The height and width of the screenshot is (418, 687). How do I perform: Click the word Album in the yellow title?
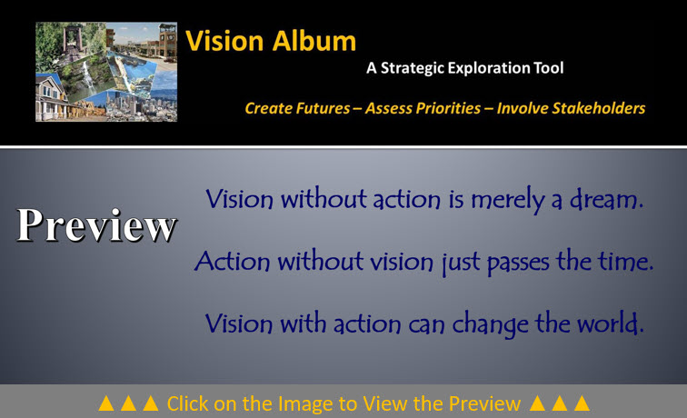coord(314,41)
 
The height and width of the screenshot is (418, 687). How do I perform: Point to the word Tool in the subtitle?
coord(548,68)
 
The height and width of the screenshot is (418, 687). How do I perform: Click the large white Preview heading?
coord(97,224)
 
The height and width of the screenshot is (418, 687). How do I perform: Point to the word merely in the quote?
coord(508,200)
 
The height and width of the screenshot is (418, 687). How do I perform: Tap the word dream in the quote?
coord(606,199)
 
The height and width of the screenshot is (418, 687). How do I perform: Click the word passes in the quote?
coord(518,263)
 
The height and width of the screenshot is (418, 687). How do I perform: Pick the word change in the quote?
coord(491,324)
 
